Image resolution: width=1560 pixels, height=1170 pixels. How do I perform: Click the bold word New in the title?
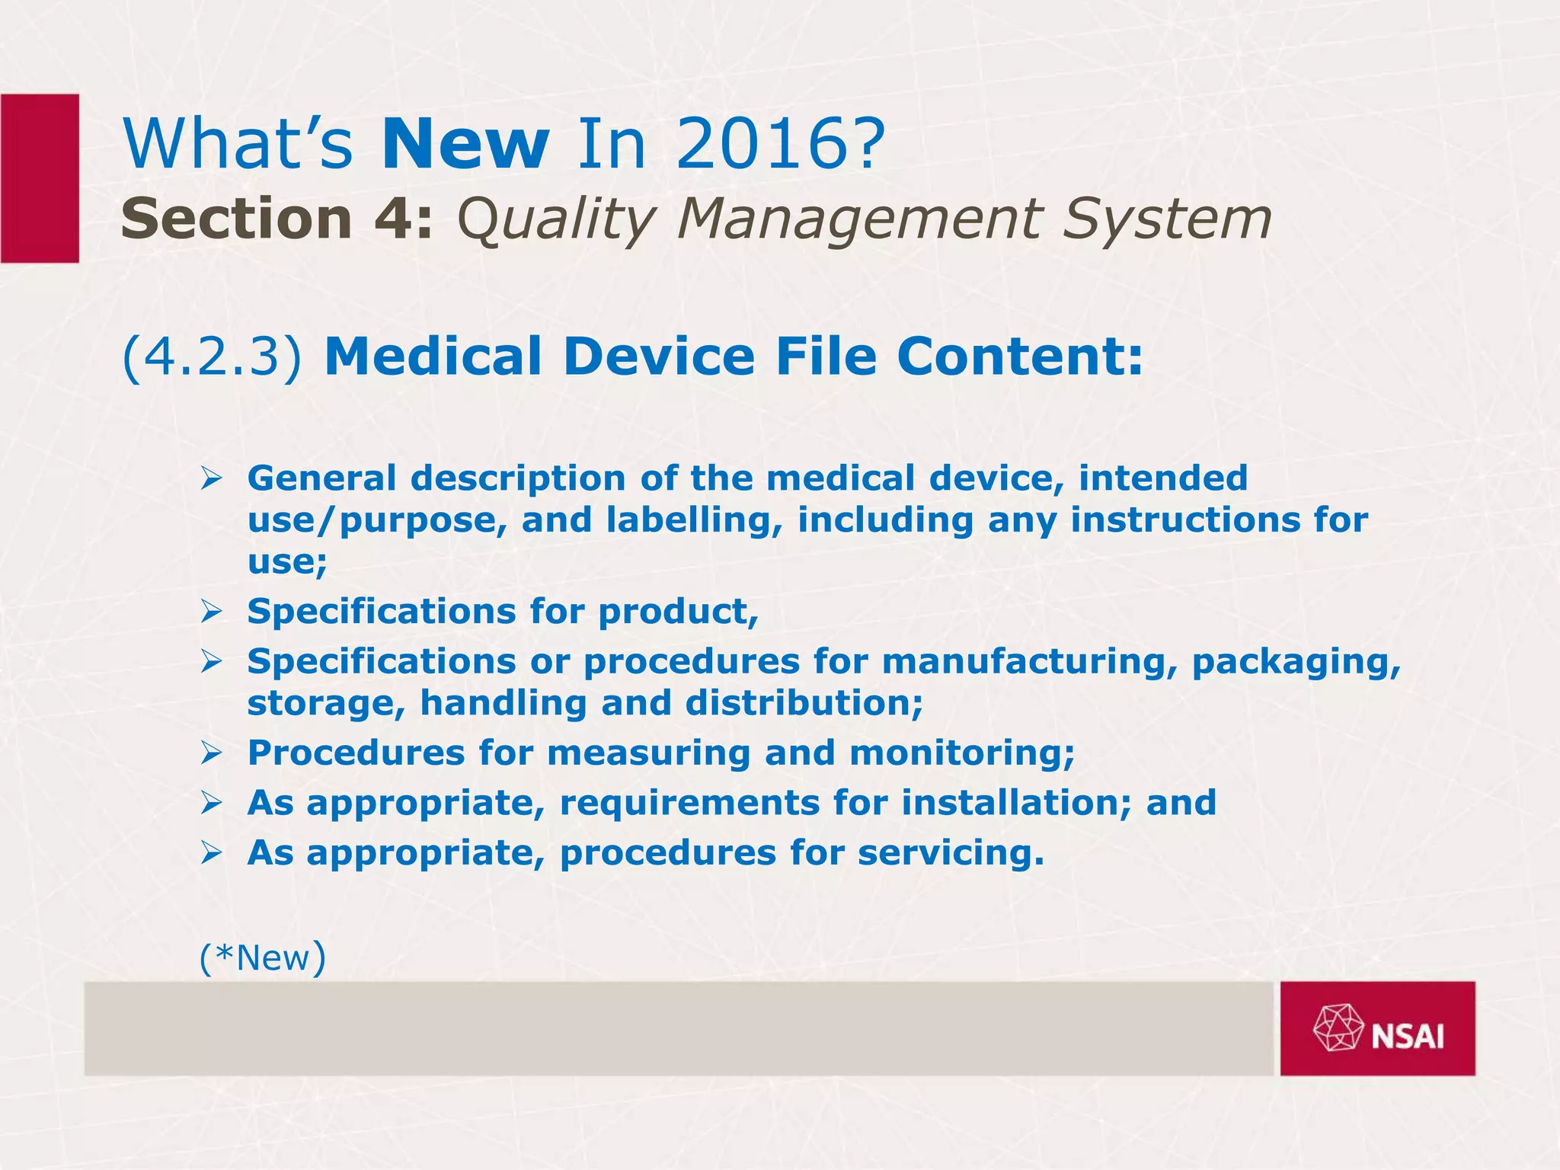click(x=465, y=144)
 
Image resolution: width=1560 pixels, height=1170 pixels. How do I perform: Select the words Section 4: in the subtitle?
click(x=277, y=219)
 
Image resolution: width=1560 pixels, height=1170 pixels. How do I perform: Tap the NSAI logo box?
click(x=1377, y=1028)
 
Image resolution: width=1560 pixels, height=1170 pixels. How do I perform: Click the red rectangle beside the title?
click(x=40, y=178)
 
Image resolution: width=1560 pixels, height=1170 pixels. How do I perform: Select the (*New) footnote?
click(x=262, y=957)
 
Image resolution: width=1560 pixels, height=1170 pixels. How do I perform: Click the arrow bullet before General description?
click(x=211, y=479)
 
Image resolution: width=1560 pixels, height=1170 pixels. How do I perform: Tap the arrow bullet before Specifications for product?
click(x=211, y=612)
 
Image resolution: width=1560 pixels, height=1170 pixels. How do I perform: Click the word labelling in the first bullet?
click(x=689, y=520)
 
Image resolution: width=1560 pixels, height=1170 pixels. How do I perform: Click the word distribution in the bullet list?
click(x=803, y=702)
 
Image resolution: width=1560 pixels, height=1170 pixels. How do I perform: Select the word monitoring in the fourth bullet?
click(x=961, y=753)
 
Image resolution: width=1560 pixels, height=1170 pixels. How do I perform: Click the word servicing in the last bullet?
click(x=950, y=852)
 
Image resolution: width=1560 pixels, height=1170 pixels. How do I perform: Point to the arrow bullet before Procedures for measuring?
click(x=211, y=753)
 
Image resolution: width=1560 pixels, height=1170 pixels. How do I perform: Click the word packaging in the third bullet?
click(x=1296, y=661)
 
